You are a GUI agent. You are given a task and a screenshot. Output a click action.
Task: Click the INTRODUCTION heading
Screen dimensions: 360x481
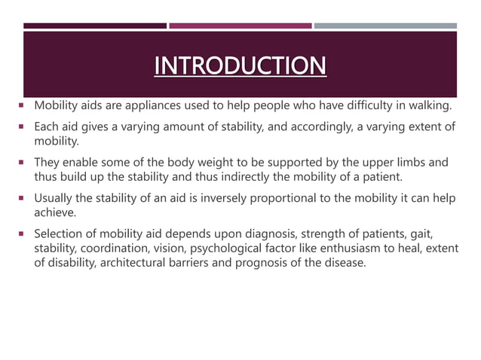pyautogui.click(x=240, y=66)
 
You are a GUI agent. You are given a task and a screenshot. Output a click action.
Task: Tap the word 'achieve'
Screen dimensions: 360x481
pyautogui.click(x=54, y=212)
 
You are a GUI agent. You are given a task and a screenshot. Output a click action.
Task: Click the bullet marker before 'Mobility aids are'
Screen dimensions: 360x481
pyautogui.click(x=25, y=105)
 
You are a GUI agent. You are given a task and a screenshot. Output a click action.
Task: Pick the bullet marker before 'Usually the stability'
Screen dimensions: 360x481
pyautogui.click(x=25, y=199)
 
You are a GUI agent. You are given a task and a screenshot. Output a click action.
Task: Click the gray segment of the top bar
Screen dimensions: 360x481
pyautogui.click(x=384, y=26)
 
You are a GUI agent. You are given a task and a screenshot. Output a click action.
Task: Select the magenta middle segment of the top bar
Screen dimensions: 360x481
pyautogui.click(x=240, y=26)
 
